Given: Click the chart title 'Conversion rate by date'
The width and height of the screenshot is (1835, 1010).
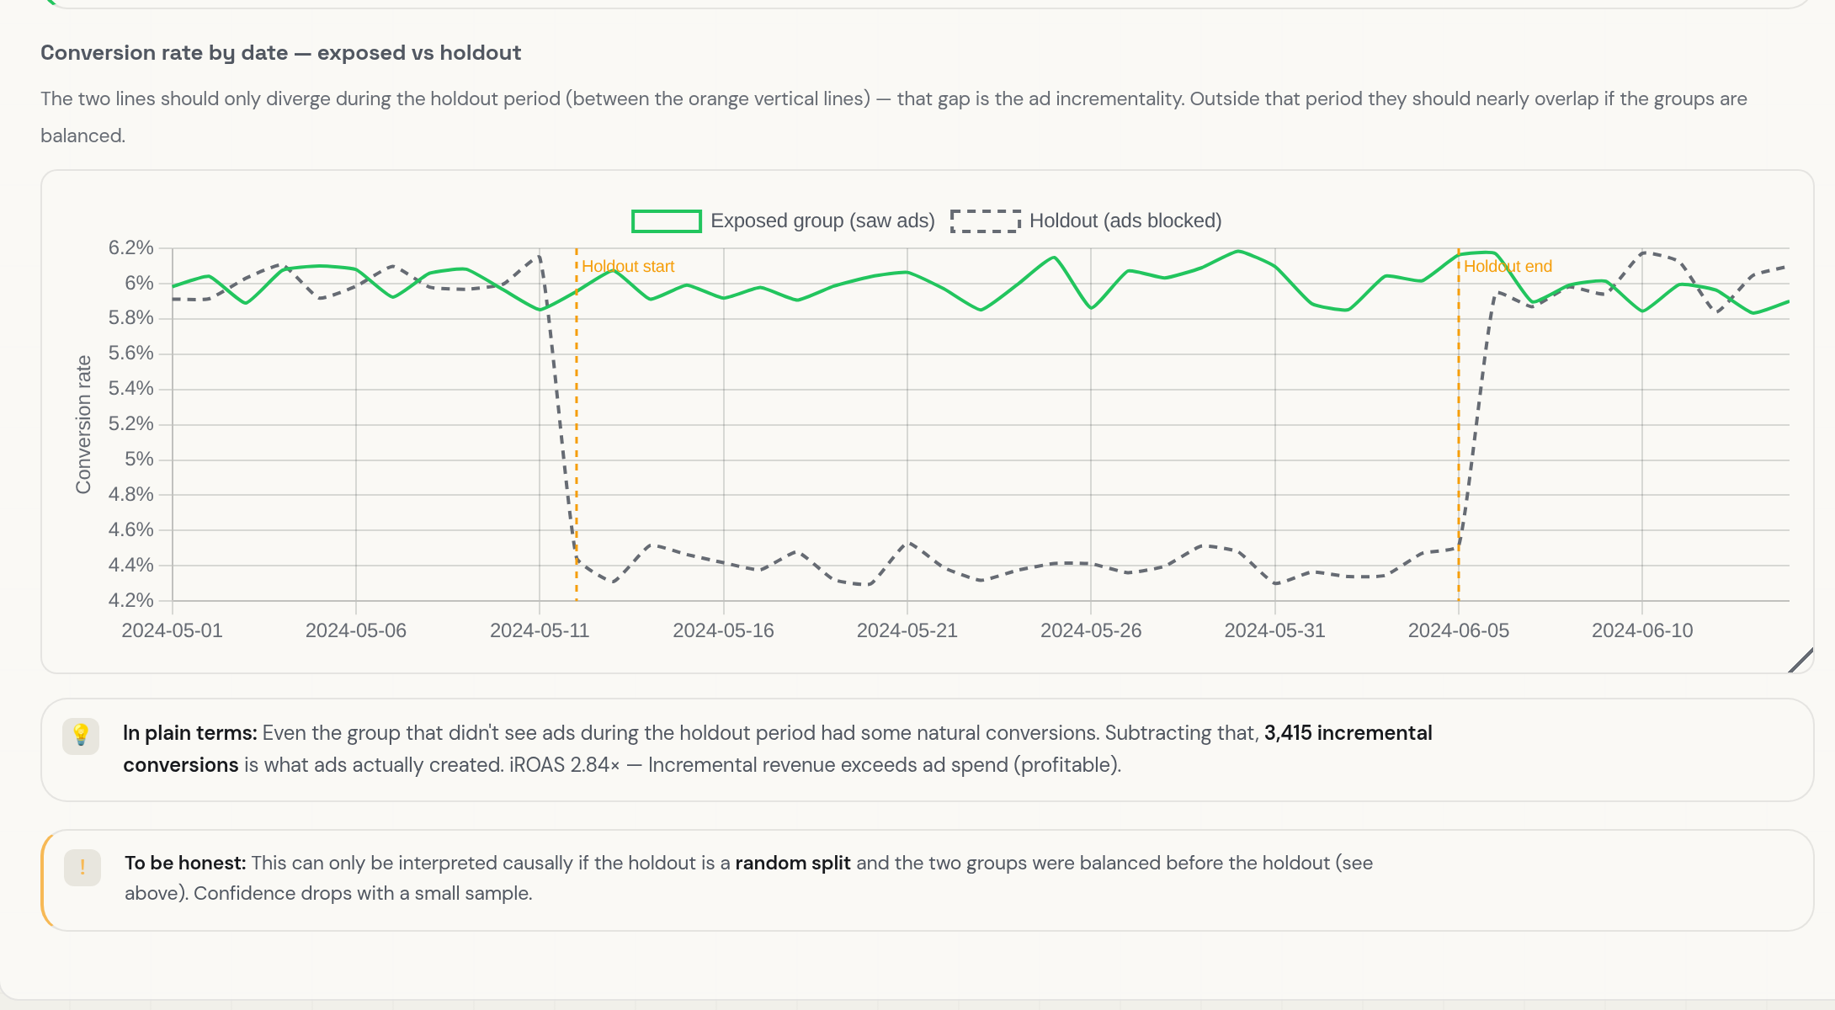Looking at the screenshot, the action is (164, 53).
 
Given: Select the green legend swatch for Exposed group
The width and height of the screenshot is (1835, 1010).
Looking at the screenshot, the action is (667, 221).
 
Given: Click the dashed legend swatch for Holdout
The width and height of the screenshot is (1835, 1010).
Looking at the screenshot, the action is (986, 221).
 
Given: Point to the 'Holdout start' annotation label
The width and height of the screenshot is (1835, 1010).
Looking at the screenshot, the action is (628, 267).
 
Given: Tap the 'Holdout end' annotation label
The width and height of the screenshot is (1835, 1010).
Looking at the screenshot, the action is (1508, 267).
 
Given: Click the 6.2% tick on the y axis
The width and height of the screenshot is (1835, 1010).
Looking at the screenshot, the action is (131, 247).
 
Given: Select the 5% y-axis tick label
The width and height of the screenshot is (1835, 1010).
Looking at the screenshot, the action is (140, 460).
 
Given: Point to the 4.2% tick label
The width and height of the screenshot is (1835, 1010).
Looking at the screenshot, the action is (131, 600).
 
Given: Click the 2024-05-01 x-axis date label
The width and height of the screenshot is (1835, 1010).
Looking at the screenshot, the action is (173, 630).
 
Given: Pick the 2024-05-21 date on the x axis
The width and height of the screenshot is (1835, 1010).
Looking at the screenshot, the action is (907, 630).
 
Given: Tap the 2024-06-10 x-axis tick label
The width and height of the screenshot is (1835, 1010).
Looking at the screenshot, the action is (1642, 630).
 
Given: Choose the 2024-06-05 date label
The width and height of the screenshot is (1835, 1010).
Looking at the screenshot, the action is (1459, 630).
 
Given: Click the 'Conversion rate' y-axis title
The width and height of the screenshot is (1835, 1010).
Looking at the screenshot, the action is (83, 424).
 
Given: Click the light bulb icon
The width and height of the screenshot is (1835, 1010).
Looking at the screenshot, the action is (81, 735).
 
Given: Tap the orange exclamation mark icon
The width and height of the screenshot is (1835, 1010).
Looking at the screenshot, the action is (82, 867).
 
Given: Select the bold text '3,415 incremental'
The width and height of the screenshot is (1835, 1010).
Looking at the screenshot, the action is (1348, 733).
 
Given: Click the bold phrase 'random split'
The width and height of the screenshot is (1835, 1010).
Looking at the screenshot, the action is (793, 863).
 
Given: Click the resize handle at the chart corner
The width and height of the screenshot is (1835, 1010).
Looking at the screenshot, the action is (1800, 661).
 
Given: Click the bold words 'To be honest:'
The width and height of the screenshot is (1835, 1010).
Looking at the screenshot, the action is (185, 863).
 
